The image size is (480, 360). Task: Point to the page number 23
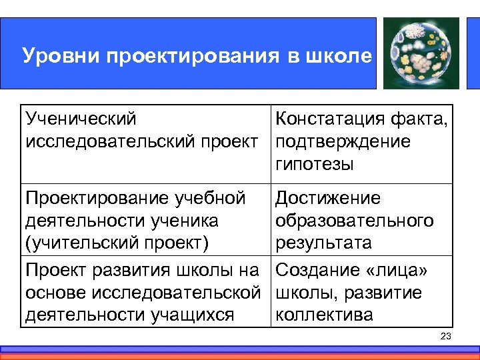tap(446, 336)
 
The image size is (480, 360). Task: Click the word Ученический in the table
tap(81, 119)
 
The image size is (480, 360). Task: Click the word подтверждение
tap(343, 141)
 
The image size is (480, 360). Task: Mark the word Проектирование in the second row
tap(97, 198)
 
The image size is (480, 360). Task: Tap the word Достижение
tap(328, 198)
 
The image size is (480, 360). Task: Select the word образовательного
tap(354, 220)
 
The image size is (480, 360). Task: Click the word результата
tap(323, 242)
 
